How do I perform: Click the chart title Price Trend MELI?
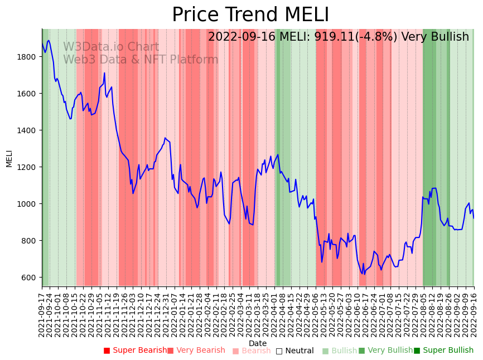(250, 15)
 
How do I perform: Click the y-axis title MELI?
(9, 158)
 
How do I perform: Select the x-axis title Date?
(258, 343)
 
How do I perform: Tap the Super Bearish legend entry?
(135, 351)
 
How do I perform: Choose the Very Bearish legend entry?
(196, 351)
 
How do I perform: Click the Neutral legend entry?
(294, 351)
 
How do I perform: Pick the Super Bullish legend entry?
(443, 351)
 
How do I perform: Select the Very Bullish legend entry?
(385, 351)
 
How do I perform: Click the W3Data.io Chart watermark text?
(111, 47)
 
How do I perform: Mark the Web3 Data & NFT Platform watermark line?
(141, 60)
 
